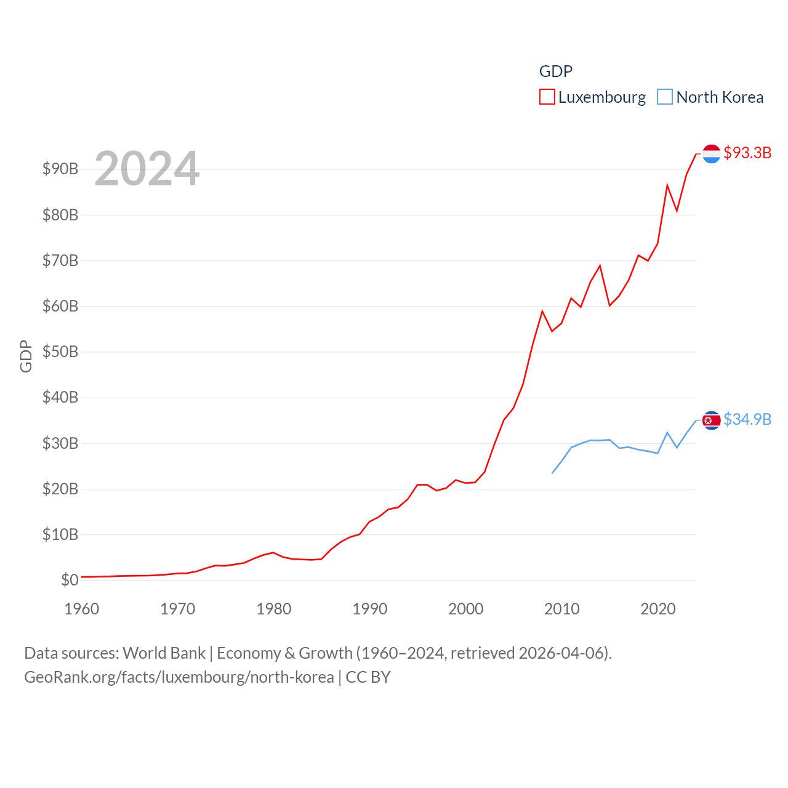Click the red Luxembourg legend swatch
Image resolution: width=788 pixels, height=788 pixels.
click(547, 97)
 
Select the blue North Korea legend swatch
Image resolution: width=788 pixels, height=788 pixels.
click(665, 97)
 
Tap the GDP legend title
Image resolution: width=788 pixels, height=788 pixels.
click(556, 71)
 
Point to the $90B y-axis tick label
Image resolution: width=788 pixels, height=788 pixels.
click(60, 169)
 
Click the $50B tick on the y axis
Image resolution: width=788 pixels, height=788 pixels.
click(60, 352)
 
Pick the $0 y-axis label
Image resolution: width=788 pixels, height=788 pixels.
click(70, 580)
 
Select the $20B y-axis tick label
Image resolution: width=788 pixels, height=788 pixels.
click(60, 489)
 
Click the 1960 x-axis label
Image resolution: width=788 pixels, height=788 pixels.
click(82, 609)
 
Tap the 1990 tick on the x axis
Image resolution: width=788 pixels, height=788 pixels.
click(370, 609)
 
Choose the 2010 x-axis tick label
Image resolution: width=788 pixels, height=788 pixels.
click(562, 609)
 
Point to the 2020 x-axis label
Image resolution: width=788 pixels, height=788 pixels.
click(658, 609)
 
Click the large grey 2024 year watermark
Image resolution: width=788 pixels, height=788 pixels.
click(147, 169)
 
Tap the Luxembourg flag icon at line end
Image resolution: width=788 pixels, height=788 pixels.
click(711, 153)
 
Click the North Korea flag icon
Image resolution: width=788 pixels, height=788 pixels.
click(711, 420)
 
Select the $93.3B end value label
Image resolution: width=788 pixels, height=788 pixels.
click(747, 153)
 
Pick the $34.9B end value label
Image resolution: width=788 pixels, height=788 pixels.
click(747, 419)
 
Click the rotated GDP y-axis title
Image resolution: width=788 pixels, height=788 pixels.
click(26, 356)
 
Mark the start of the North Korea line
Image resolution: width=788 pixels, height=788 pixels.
click(552, 473)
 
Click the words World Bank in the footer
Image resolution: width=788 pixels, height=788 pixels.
click(164, 653)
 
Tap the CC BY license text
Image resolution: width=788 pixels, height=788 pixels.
click(368, 677)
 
